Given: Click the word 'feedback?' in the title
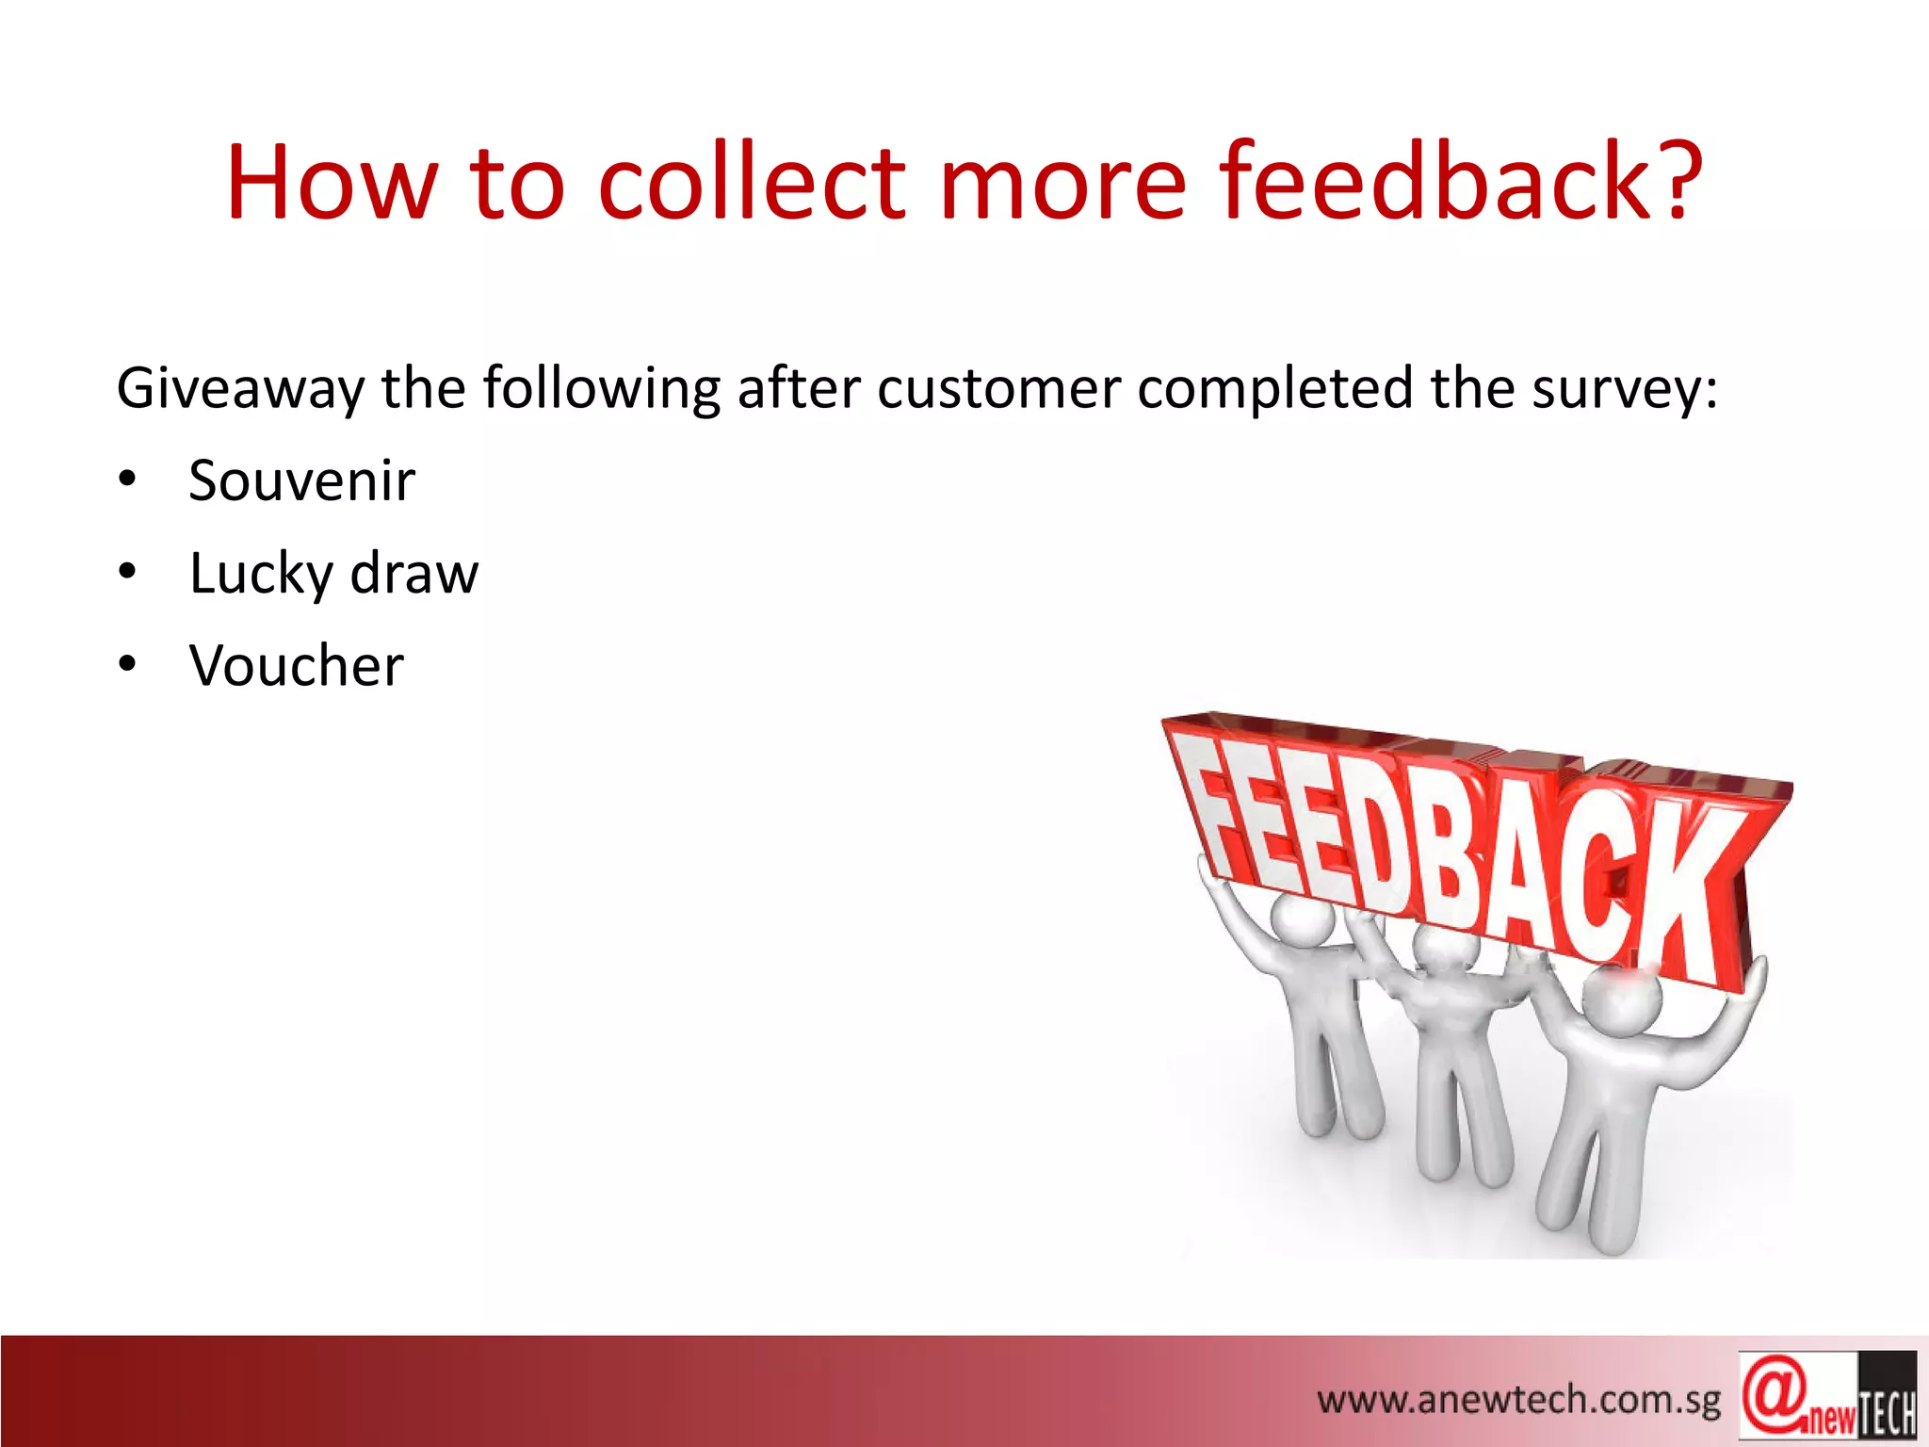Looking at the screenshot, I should [1460, 181].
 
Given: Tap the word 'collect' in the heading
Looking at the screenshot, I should [752, 181].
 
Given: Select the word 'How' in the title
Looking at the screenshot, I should [332, 183].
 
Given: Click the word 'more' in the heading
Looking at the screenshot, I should [1062, 183].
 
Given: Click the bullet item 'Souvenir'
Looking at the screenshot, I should [301, 480].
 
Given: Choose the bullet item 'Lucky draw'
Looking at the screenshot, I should [333, 574].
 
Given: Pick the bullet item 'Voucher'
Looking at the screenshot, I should [296, 666].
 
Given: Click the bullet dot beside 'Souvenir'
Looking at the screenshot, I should [128, 480].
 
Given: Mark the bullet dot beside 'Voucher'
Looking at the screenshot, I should [128, 666].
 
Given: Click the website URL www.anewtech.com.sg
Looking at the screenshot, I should [1518, 1400].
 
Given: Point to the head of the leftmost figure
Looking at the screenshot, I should [1302, 921].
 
